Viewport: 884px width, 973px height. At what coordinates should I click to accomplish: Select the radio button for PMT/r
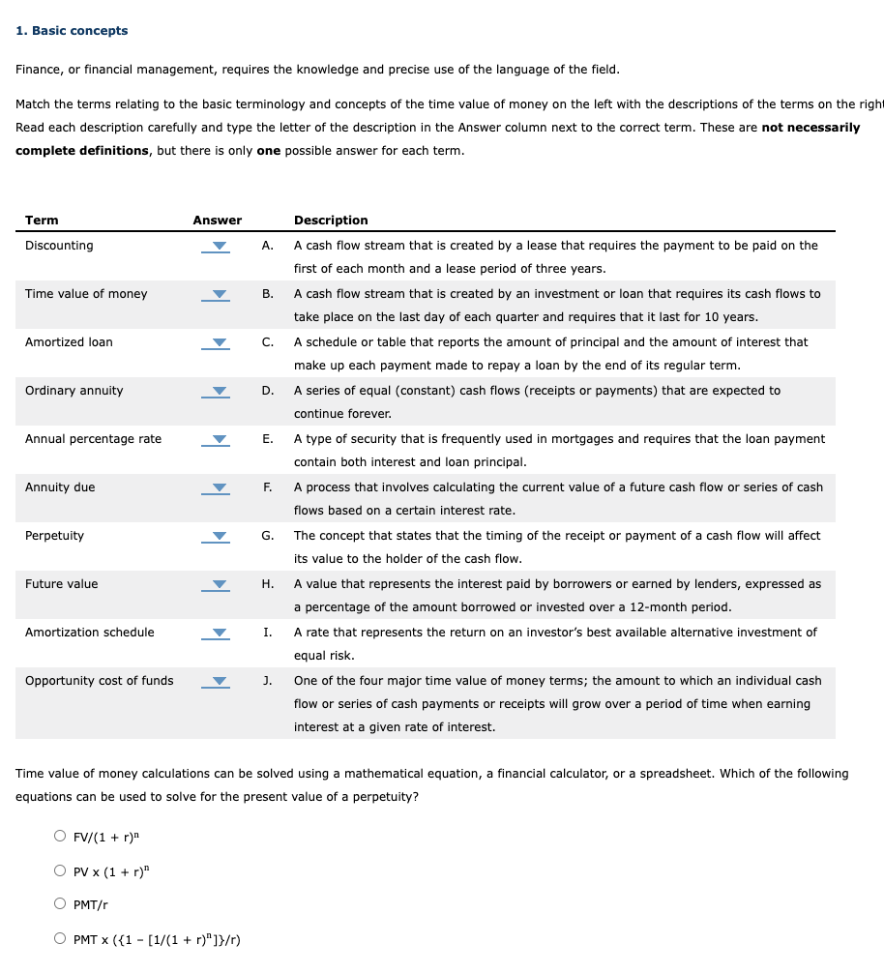pyautogui.click(x=60, y=904)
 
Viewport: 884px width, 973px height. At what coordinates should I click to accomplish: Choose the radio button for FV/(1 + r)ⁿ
pyautogui.click(x=60, y=837)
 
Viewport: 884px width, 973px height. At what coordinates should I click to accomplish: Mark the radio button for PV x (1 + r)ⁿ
pyautogui.click(x=60, y=870)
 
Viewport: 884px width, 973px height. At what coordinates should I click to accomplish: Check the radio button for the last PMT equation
pyautogui.click(x=60, y=938)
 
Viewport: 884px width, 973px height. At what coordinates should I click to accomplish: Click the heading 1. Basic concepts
pyautogui.click(x=72, y=31)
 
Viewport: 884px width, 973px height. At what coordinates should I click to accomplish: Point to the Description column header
pyautogui.click(x=331, y=221)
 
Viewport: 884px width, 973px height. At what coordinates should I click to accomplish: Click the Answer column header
pyautogui.click(x=217, y=221)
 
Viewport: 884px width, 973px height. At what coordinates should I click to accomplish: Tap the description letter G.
pyautogui.click(x=266, y=536)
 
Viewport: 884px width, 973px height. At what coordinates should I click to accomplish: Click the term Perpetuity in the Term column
pyautogui.click(x=54, y=536)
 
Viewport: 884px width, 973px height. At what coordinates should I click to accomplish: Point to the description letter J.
pyautogui.click(x=266, y=681)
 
